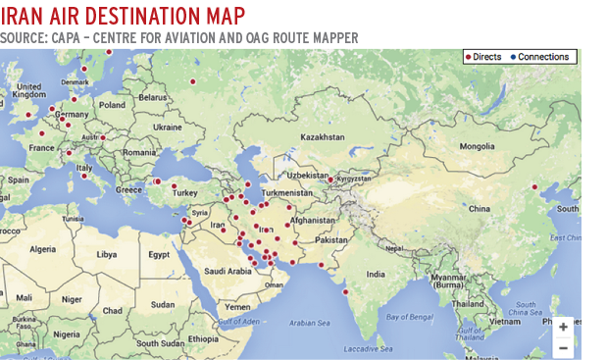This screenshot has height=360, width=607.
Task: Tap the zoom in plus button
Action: (x=563, y=327)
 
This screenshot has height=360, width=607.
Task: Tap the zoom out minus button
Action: (x=563, y=347)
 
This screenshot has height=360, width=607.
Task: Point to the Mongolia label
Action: (x=478, y=146)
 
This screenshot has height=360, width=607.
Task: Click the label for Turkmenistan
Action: (x=284, y=193)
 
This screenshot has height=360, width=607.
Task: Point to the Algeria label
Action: (x=42, y=249)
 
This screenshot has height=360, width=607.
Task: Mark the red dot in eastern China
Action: (x=534, y=186)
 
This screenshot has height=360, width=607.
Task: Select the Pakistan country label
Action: (x=331, y=239)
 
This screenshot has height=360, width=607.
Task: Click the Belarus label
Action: (x=153, y=97)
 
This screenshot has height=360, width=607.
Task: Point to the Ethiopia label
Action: (x=204, y=337)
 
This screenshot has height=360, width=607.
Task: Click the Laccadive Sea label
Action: (x=365, y=350)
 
